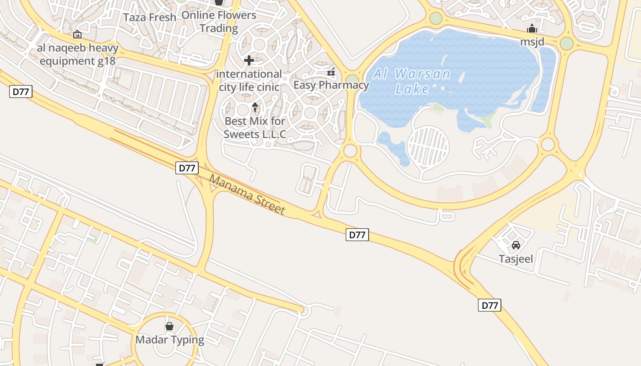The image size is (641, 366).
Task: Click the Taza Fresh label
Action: pos(150,17)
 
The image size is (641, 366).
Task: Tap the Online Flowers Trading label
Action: pos(219,22)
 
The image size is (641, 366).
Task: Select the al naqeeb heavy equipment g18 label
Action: pos(78,54)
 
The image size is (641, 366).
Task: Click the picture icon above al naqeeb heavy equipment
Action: pos(77,34)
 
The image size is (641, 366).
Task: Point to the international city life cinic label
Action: pos(249,80)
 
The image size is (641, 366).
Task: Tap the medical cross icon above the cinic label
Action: pos(249,60)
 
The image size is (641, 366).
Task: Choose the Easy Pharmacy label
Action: pos(331,85)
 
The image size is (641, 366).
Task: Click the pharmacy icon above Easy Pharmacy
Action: pos(331,72)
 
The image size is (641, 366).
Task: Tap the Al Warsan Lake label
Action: pos(412,81)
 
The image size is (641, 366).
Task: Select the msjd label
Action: pos(532,42)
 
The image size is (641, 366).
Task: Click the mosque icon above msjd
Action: pos(532,29)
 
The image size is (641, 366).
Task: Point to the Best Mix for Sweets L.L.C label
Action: pos(255,128)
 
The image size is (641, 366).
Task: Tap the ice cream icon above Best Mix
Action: pos(255,108)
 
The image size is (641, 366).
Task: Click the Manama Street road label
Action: pos(247,194)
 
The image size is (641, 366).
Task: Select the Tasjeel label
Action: pos(516,259)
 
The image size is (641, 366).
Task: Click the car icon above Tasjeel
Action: pos(516,245)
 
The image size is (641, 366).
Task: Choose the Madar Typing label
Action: pos(169,340)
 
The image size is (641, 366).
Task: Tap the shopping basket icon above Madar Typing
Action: pos(169,326)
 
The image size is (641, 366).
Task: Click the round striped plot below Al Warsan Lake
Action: pos(428,147)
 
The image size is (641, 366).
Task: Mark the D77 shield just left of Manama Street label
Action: pos(187,168)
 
